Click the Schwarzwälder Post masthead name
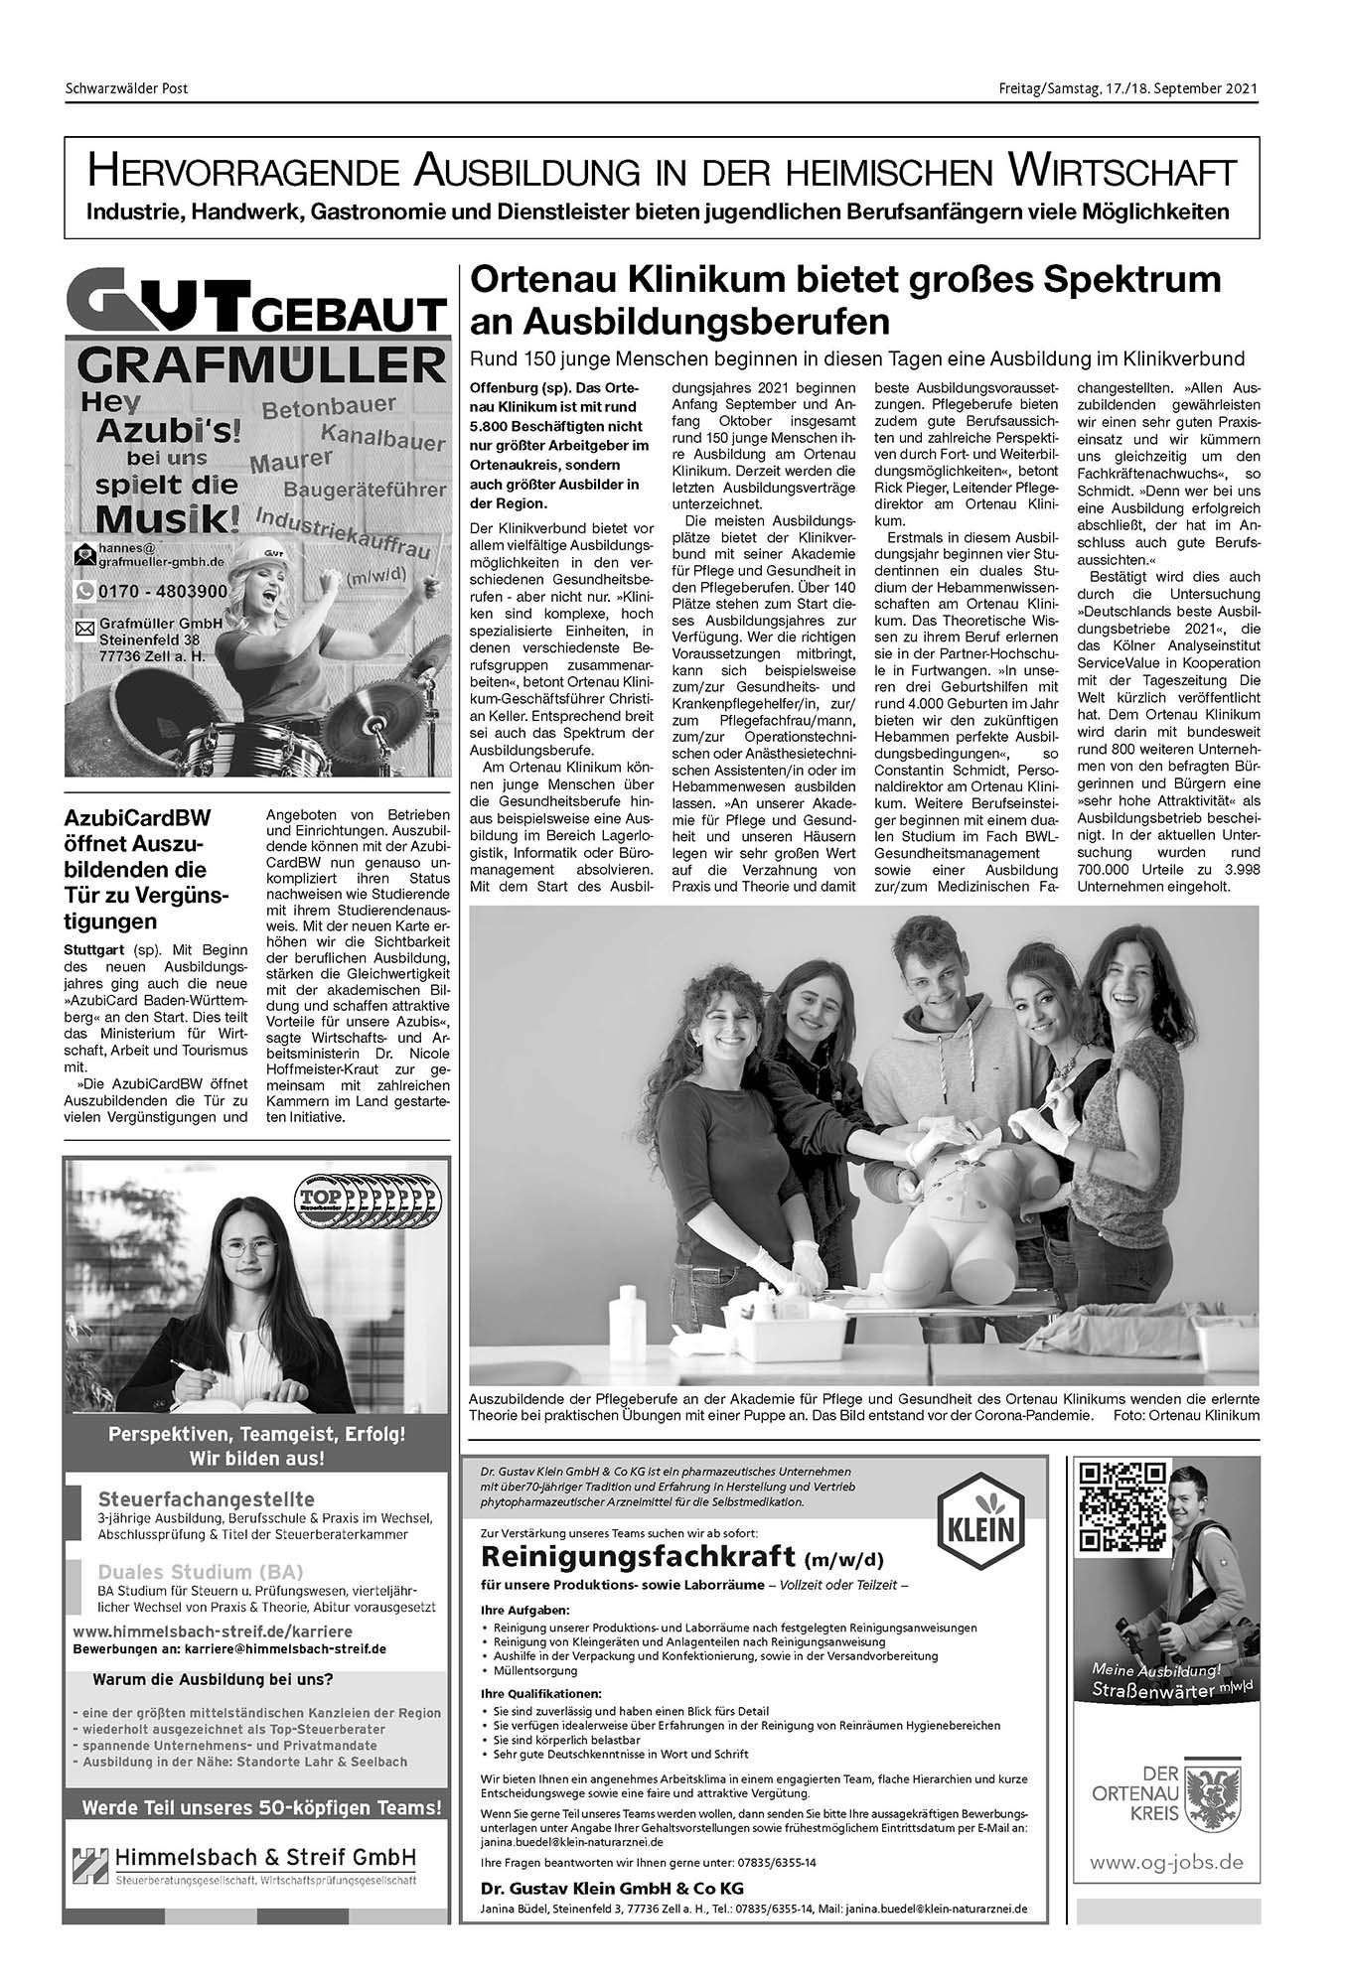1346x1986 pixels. click(x=126, y=88)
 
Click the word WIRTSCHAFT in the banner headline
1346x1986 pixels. click(x=1122, y=172)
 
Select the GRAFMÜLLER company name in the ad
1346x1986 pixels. click(x=260, y=365)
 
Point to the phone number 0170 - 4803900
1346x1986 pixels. click(x=163, y=591)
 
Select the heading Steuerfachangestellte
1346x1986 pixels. click(x=207, y=1498)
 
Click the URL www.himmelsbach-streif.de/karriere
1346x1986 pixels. click(x=213, y=1631)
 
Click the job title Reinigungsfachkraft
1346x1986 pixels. click(x=639, y=1554)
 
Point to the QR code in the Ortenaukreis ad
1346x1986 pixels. click(x=1122, y=1506)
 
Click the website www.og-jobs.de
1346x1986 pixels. click(x=1166, y=1863)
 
